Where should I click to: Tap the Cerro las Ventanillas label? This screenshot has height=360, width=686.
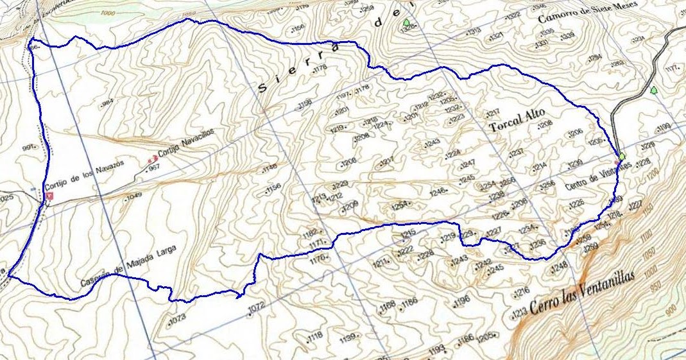[x=582, y=291]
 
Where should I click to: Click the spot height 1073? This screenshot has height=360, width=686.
[x=176, y=318]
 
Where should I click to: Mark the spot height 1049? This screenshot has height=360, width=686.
[x=133, y=195]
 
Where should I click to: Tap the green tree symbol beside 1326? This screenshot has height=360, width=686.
[x=406, y=23]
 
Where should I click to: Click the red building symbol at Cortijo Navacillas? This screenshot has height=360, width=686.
[x=152, y=158]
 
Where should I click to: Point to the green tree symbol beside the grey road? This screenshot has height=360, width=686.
[x=653, y=90]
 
